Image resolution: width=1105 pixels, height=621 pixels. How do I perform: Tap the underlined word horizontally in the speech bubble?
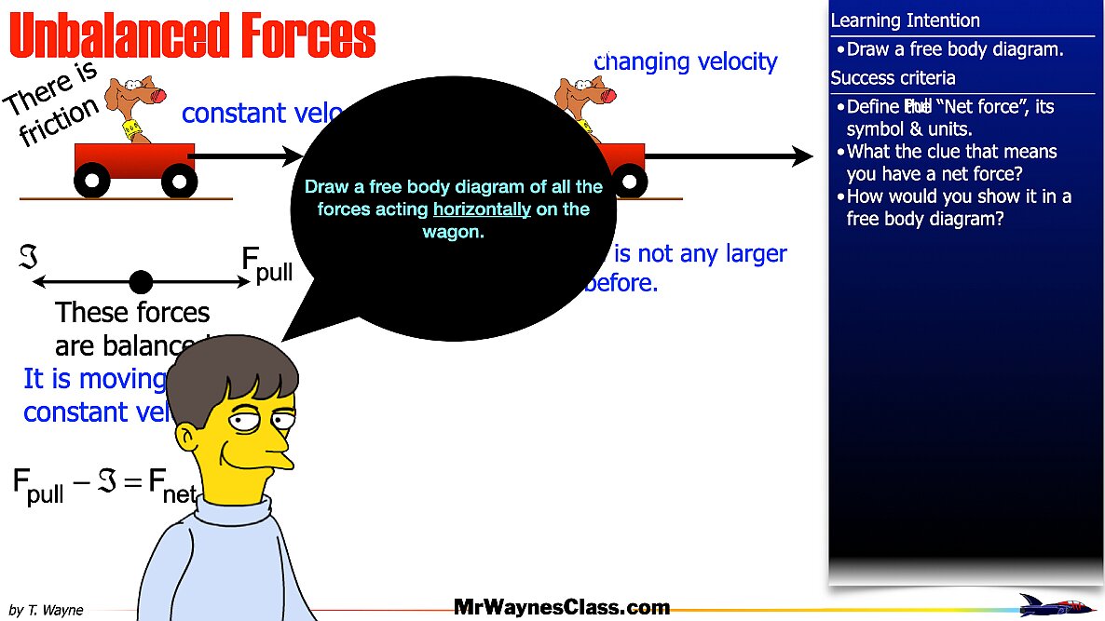pos(482,209)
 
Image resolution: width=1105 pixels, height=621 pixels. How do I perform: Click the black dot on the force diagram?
pos(141,281)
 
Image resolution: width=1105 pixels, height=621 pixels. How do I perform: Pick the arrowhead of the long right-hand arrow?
pos(801,156)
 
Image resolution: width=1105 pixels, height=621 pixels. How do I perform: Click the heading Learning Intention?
pos(905,20)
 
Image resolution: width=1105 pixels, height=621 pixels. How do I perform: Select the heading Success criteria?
pos(893,78)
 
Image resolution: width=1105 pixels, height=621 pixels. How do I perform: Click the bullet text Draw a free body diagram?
pos(955,49)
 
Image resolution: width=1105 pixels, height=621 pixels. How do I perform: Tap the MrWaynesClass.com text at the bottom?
pos(562,608)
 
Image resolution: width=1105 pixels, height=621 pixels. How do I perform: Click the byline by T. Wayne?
pos(46,610)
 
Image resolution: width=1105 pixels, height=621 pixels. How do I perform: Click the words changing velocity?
pos(687,62)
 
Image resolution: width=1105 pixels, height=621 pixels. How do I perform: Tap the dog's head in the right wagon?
pos(582,94)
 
